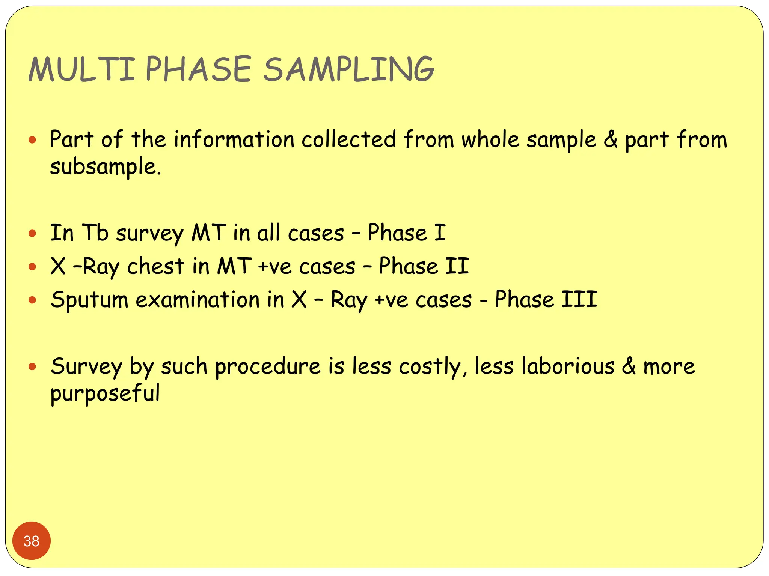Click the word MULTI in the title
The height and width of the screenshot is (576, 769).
click(81, 69)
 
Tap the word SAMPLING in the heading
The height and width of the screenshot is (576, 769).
click(348, 69)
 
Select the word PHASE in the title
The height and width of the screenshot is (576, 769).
click(198, 69)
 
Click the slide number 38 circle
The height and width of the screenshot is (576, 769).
click(32, 541)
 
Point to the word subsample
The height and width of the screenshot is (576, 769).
click(106, 167)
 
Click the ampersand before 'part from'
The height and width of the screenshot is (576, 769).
click(611, 139)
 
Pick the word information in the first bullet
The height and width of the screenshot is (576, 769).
click(234, 139)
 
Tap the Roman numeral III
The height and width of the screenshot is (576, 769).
click(579, 300)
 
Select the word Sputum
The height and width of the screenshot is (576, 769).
click(90, 300)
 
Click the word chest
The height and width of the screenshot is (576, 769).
click(156, 267)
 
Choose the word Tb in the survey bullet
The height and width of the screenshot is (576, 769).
click(95, 233)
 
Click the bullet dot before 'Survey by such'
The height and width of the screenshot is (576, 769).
click(32, 366)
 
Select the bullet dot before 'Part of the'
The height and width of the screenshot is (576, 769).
click(32, 140)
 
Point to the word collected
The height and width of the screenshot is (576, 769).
click(349, 139)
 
